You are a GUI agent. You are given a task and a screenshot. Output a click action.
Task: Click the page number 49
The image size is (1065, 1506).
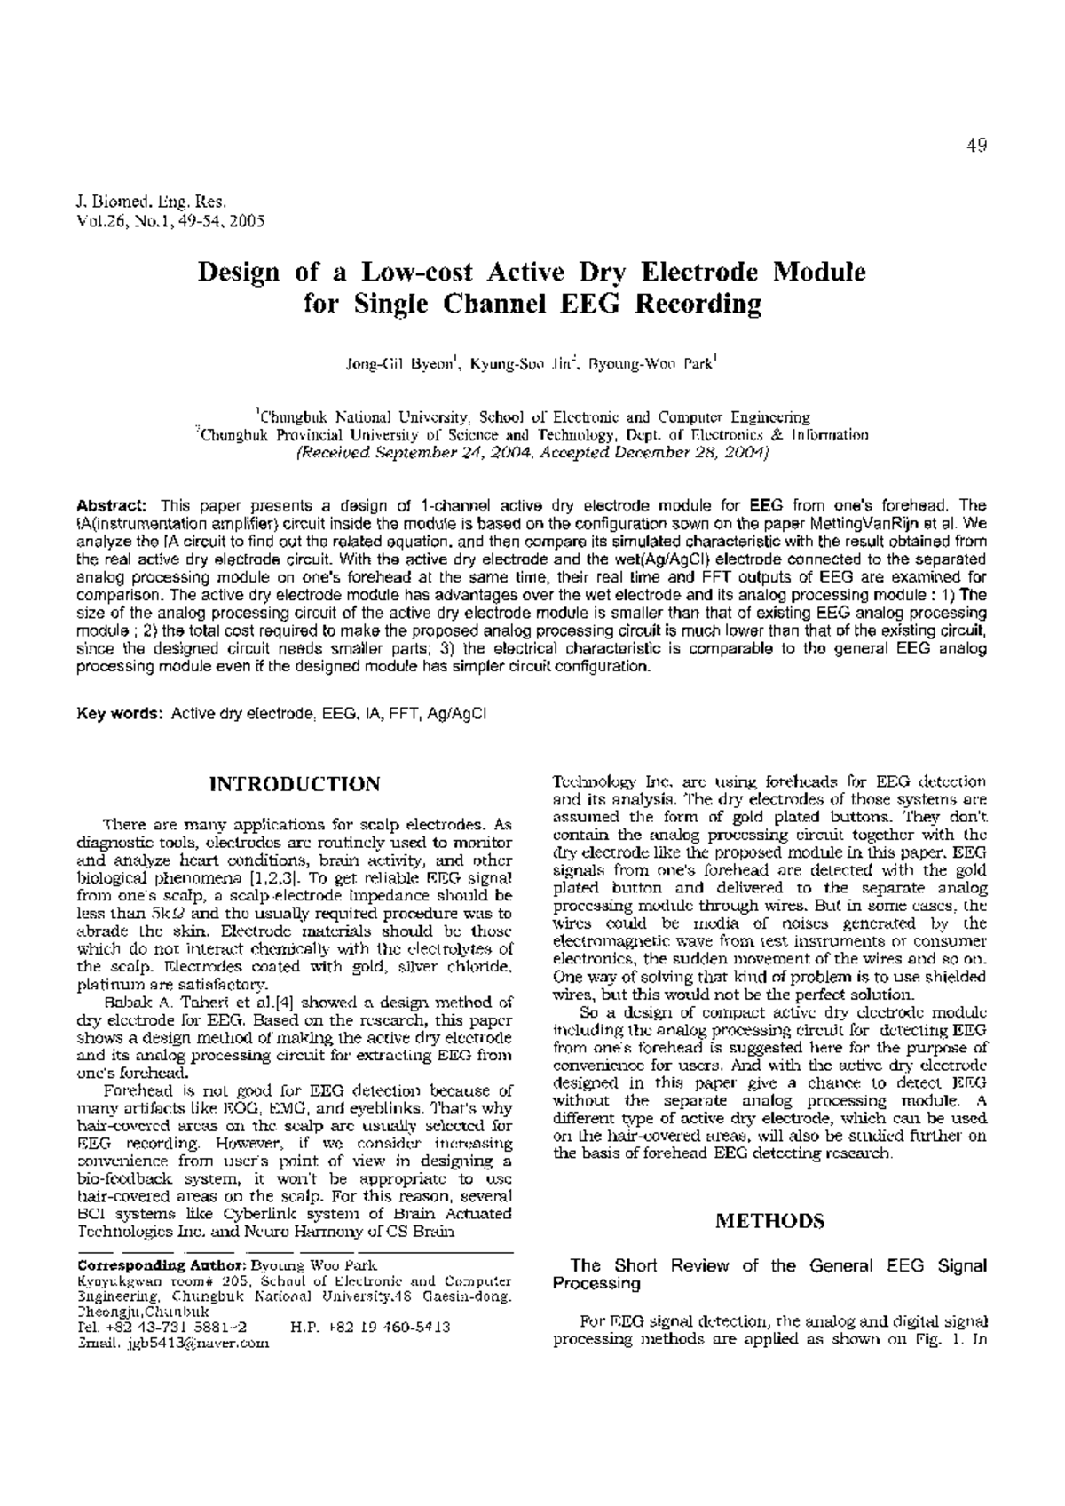click(x=977, y=147)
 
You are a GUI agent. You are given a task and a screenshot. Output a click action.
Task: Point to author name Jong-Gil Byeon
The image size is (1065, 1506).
click(x=401, y=364)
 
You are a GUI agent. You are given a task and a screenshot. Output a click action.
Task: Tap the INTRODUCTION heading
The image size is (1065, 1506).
click(x=294, y=784)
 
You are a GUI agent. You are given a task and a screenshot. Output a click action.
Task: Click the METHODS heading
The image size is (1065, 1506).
click(x=769, y=1221)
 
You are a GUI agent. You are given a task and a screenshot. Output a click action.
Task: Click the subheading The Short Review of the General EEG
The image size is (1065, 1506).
click(x=769, y=1265)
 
